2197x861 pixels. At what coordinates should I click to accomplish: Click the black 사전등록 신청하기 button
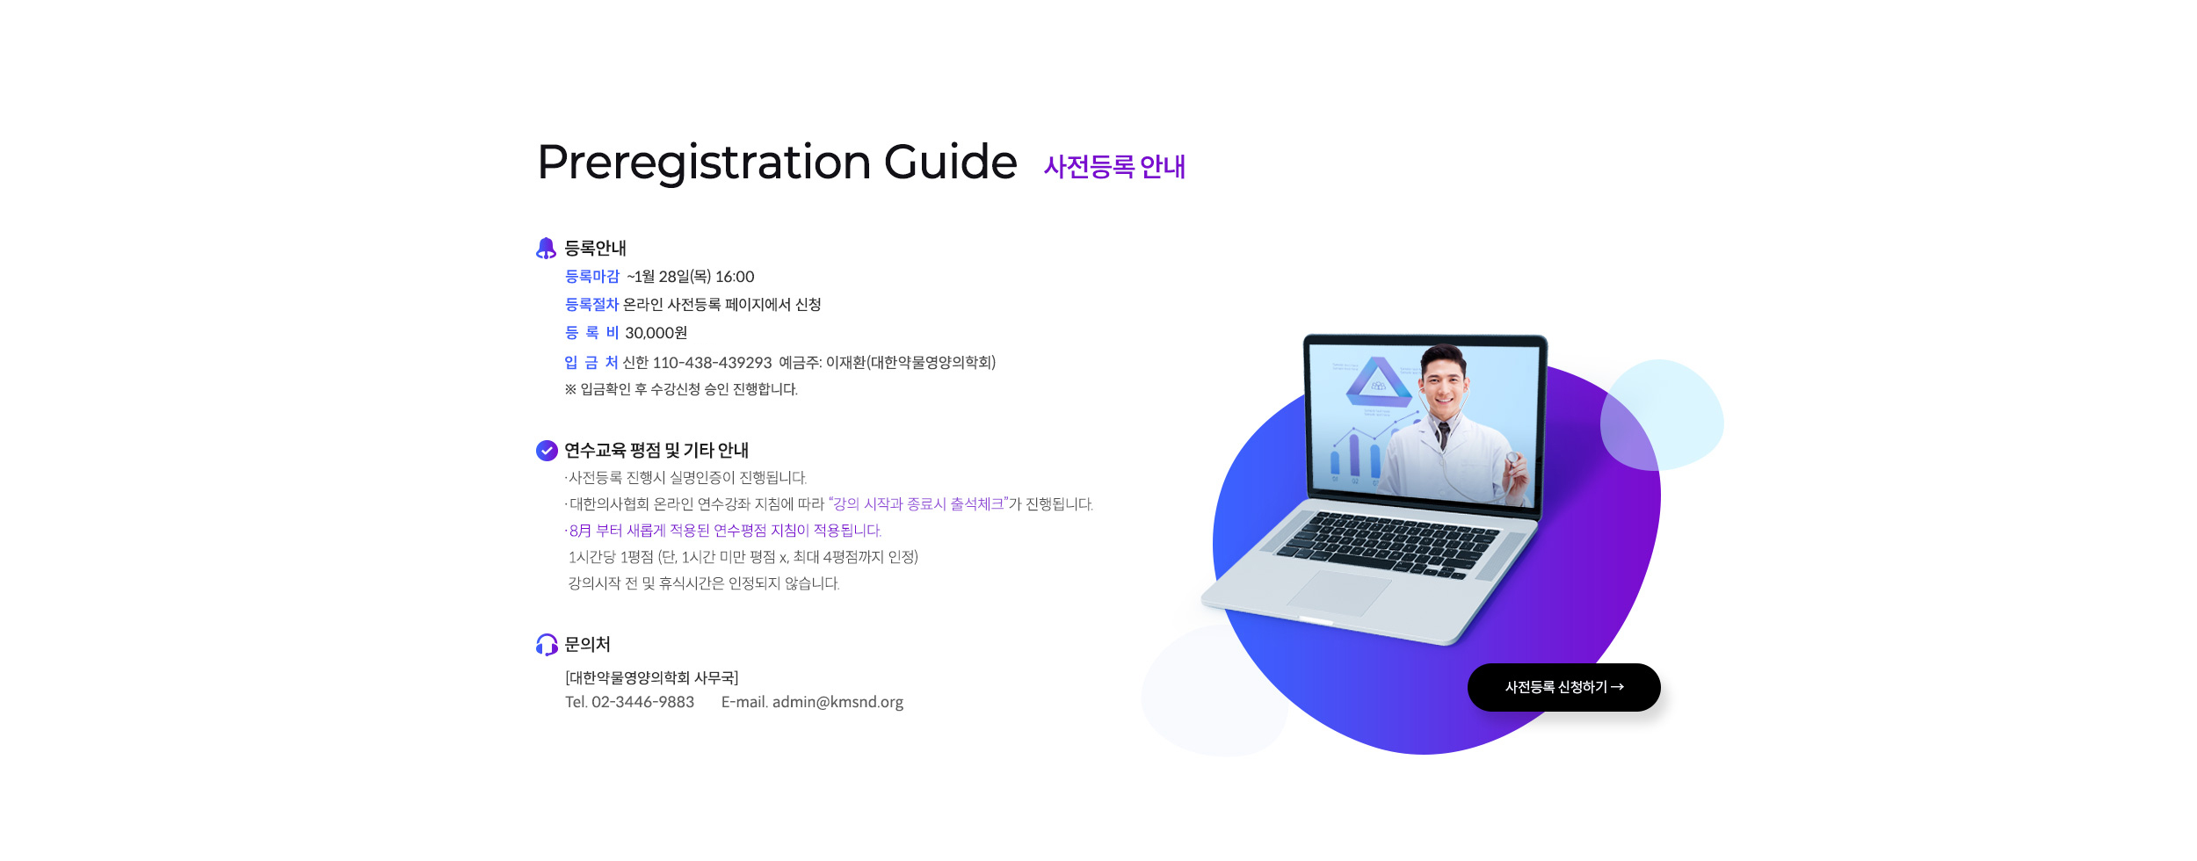click(x=1563, y=687)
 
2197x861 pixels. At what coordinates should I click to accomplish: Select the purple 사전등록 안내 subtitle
click(x=1114, y=166)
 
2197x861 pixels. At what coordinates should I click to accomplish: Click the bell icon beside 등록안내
click(x=546, y=249)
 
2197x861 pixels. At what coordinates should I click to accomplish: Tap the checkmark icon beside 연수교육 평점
click(x=547, y=451)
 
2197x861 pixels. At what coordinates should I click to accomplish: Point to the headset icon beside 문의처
click(x=547, y=645)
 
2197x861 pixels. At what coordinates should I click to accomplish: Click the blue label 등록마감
click(x=591, y=277)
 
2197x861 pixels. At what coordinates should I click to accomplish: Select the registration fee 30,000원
click(x=656, y=333)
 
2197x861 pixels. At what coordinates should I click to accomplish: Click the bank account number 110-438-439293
click(x=712, y=363)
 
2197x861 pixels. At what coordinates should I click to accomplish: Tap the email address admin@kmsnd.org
click(x=837, y=702)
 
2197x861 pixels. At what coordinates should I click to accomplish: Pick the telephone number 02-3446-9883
click(x=642, y=702)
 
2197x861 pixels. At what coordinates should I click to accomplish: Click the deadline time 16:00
click(x=735, y=277)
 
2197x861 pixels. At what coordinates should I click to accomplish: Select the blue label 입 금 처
click(x=591, y=363)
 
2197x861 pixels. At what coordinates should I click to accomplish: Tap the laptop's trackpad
click(x=1339, y=593)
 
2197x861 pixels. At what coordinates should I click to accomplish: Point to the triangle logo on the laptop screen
click(x=1378, y=382)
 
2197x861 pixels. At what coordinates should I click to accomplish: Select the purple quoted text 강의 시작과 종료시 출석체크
click(x=918, y=504)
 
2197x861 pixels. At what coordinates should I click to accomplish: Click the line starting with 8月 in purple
click(x=723, y=531)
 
